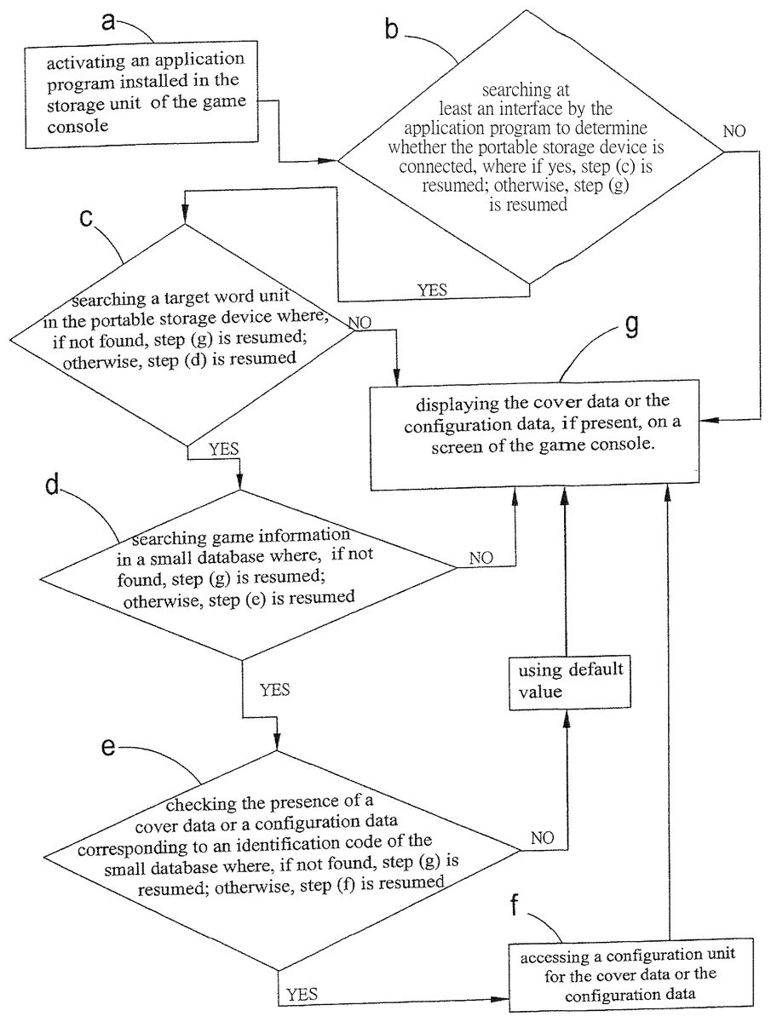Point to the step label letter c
(x=85, y=217)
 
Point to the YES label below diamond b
(x=432, y=290)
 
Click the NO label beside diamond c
(x=360, y=323)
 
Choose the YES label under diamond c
(x=222, y=448)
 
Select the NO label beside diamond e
(x=542, y=839)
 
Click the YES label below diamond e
(x=302, y=994)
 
